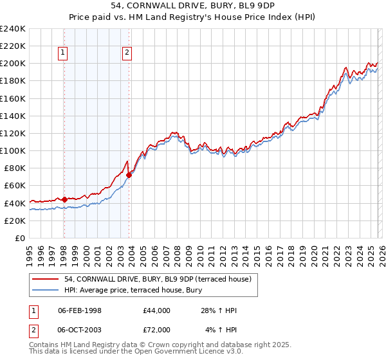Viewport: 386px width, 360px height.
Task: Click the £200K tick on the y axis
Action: [13, 64]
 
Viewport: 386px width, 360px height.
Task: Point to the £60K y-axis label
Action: [15, 186]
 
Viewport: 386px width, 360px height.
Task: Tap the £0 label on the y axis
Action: [21, 238]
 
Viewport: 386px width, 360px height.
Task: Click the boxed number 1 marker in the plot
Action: [64, 53]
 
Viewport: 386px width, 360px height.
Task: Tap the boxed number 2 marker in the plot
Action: [127, 53]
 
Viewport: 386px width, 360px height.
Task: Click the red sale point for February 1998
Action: [64, 199]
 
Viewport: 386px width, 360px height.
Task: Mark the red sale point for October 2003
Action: [129, 175]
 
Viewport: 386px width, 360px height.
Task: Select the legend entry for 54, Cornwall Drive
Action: [161, 278]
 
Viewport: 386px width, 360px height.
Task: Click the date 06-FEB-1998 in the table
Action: [79, 310]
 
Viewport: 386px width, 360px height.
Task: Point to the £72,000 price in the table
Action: [157, 330]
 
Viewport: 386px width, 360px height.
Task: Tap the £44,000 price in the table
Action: [157, 310]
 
